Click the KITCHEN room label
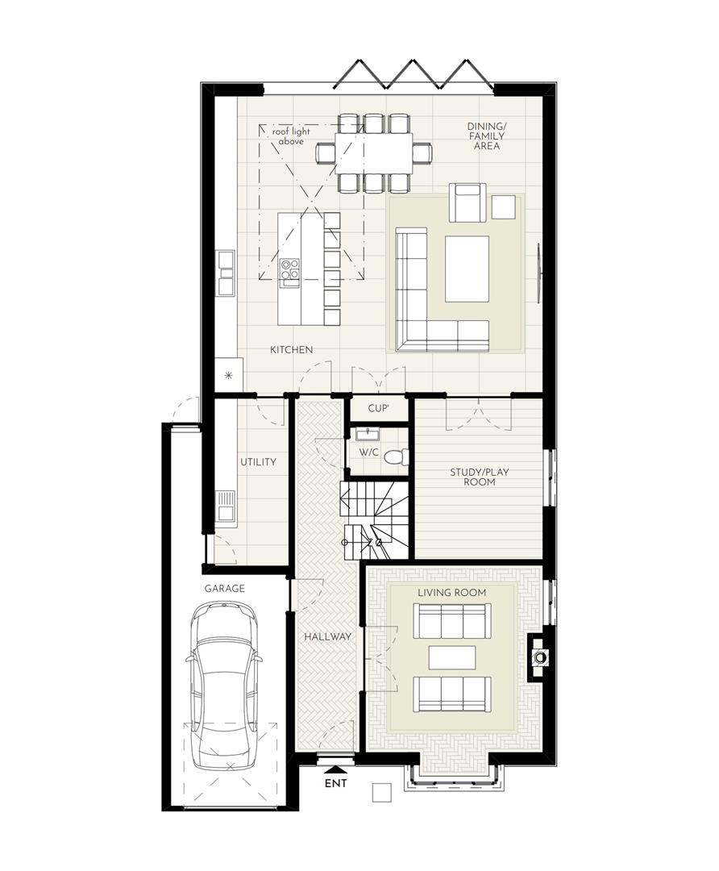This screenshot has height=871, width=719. click(291, 349)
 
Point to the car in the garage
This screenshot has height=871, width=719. click(224, 689)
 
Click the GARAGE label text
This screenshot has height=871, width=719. click(224, 589)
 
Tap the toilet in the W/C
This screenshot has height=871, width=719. click(395, 456)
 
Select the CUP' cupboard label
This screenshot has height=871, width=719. click(378, 409)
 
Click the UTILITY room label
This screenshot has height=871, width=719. click(258, 462)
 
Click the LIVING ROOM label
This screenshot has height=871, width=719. click(451, 593)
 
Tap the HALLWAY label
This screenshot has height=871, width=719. click(327, 636)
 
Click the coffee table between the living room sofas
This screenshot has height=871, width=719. click(451, 657)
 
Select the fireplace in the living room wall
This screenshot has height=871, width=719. click(540, 657)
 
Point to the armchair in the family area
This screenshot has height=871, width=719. click(468, 202)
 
